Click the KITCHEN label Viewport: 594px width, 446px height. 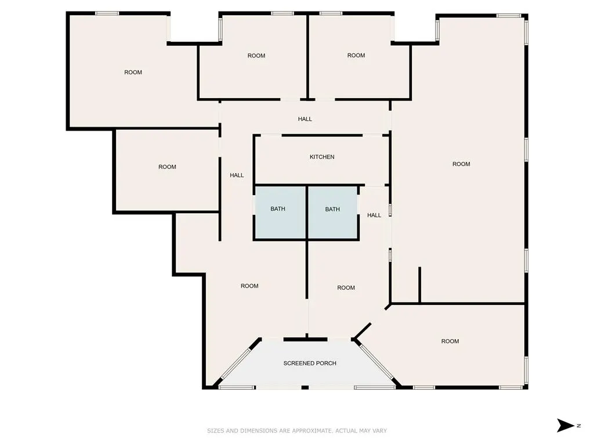pyautogui.click(x=322, y=157)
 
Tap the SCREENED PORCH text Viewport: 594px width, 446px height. pyautogui.click(x=310, y=364)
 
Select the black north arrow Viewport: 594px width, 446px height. pyautogui.click(x=565, y=426)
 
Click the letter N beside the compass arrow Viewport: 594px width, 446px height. pyautogui.click(x=579, y=426)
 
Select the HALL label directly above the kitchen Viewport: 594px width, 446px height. pyautogui.click(x=305, y=119)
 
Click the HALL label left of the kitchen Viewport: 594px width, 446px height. pyautogui.click(x=237, y=175)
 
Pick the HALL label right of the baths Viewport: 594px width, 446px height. pyautogui.click(x=374, y=215)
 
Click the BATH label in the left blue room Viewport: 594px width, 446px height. pyautogui.click(x=278, y=209)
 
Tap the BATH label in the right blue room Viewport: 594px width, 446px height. pyautogui.click(x=332, y=209)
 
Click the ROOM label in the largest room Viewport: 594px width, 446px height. pyautogui.click(x=461, y=164)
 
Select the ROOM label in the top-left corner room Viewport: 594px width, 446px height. pyautogui.click(x=133, y=73)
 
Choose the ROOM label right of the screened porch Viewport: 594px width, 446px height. pyautogui.click(x=450, y=341)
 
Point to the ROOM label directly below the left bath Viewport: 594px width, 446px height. pyautogui.click(x=249, y=286)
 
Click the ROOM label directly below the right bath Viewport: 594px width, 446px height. pyautogui.click(x=346, y=288)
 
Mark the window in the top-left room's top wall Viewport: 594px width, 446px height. pyautogui.click(x=107, y=13)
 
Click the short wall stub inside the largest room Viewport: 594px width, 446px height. pyautogui.click(x=420, y=285)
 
